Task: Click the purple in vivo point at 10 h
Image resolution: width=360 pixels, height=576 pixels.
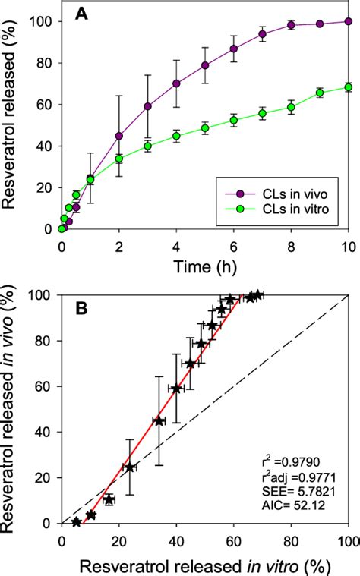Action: [349, 22]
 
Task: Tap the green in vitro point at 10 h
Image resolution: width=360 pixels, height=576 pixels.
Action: [349, 87]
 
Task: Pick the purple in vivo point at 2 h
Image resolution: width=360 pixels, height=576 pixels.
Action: [119, 136]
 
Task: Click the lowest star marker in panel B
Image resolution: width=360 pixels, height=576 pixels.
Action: [76, 521]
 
